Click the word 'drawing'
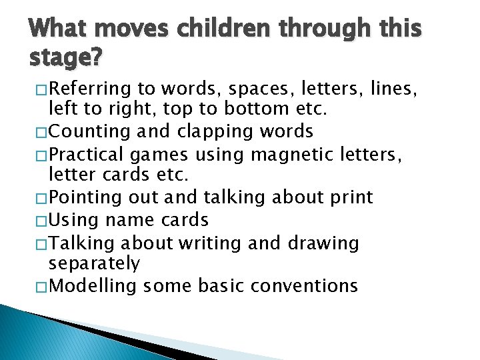pyautogui.click(x=323, y=243)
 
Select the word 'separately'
pyautogui.click(x=94, y=265)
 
